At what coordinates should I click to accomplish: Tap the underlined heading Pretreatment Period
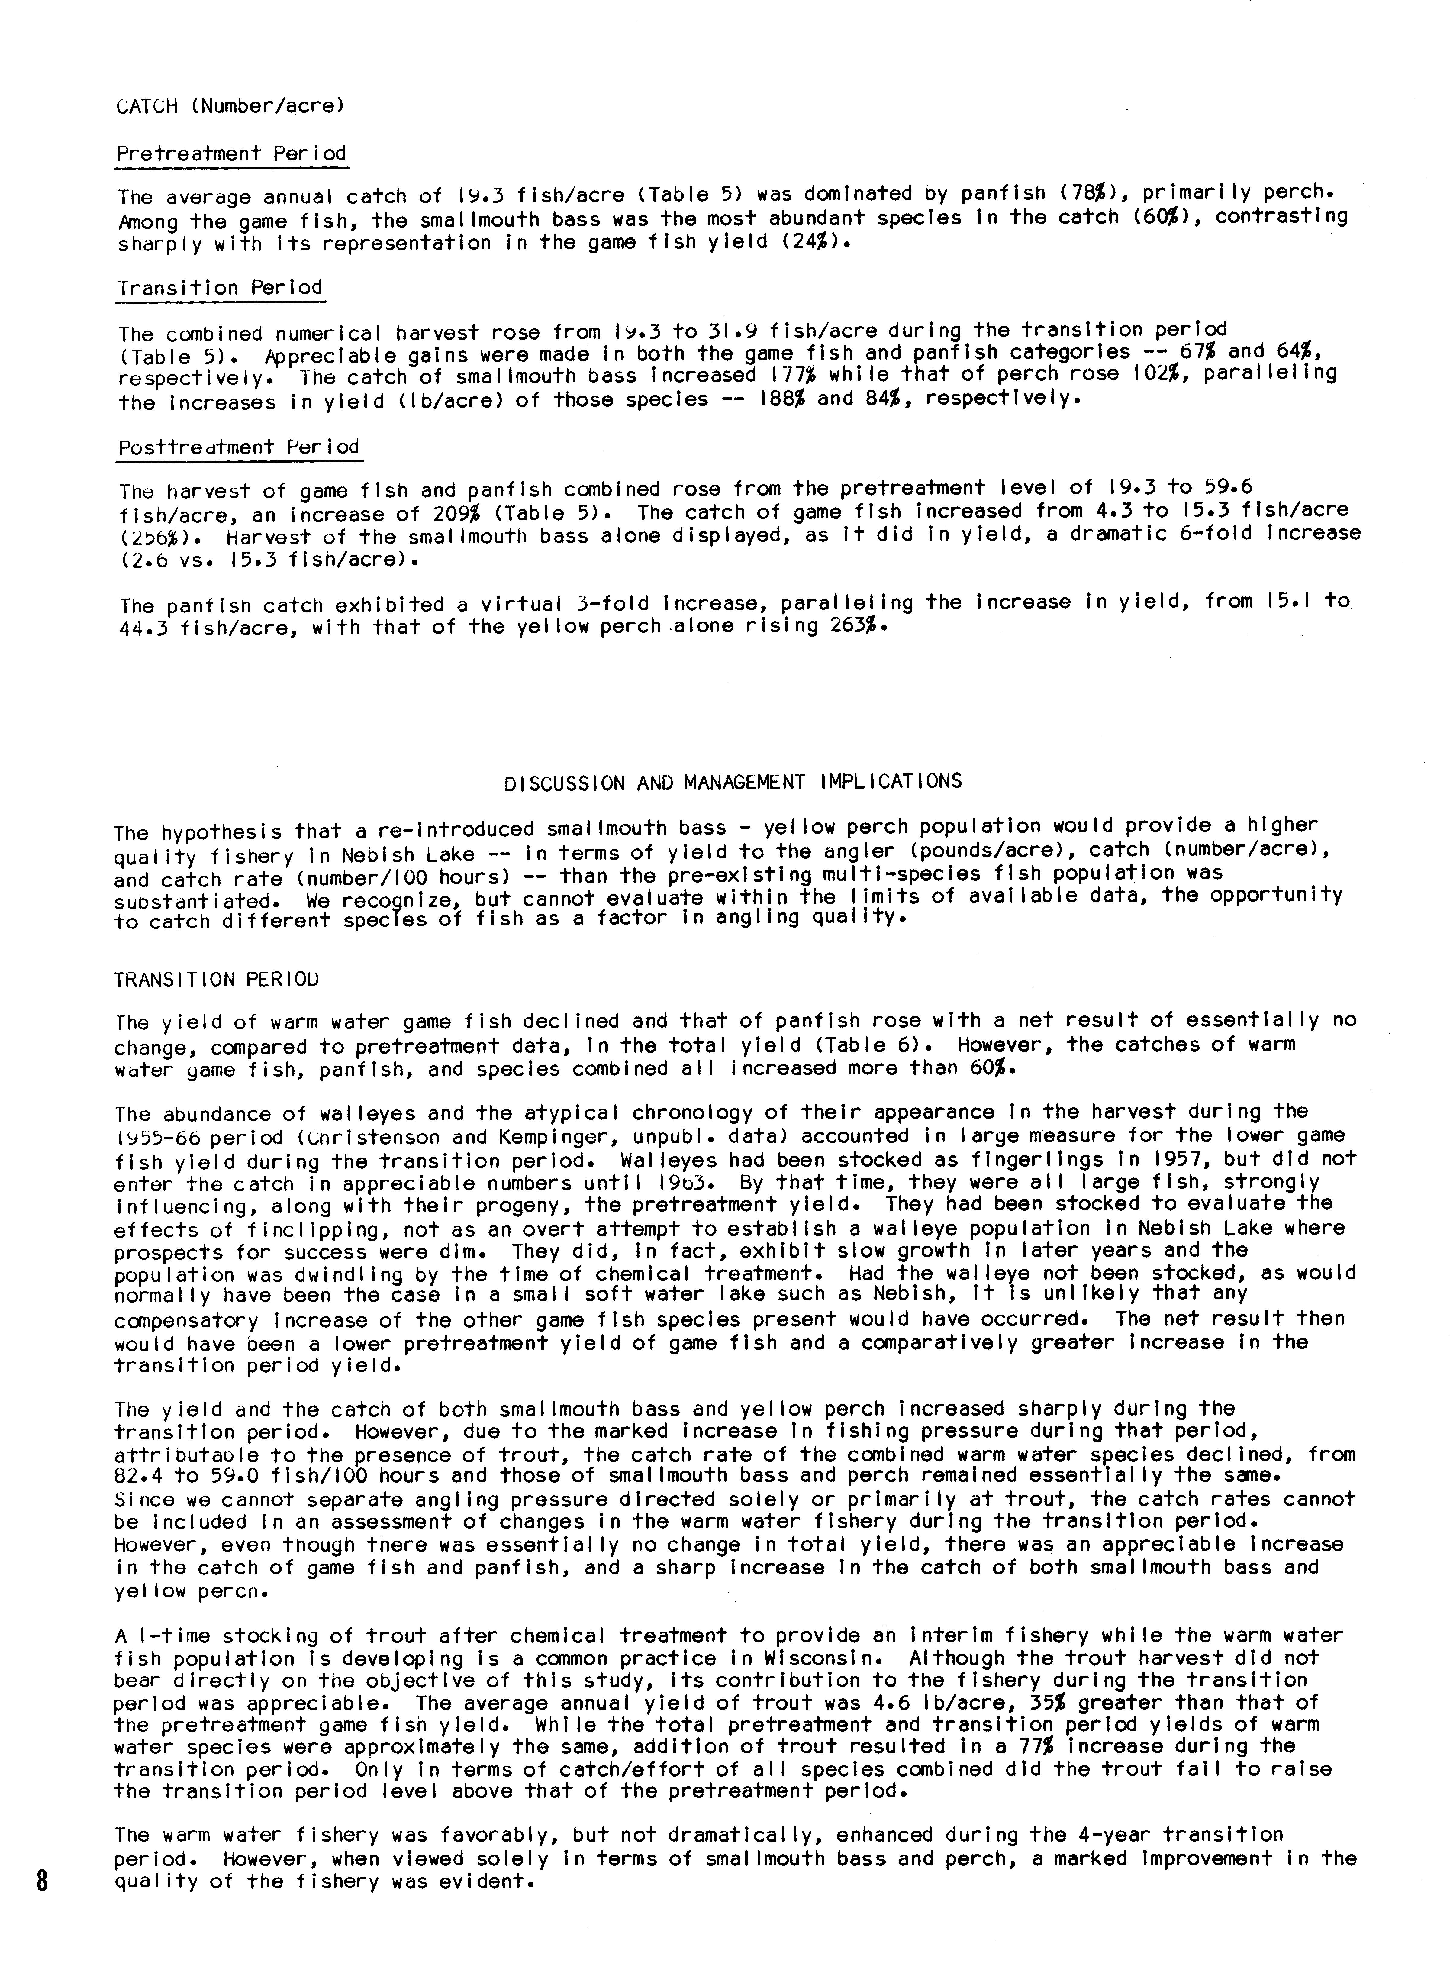[232, 153]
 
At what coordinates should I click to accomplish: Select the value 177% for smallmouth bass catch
[800, 375]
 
